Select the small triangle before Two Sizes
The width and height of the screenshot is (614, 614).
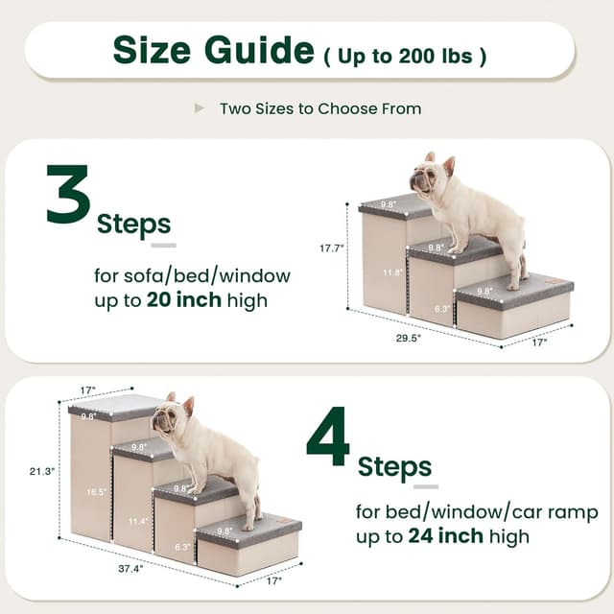point(200,107)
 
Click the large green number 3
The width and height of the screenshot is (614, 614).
point(69,195)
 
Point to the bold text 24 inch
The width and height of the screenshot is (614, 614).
point(444,535)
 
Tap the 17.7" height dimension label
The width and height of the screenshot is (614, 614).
point(332,248)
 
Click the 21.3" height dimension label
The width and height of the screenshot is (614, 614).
point(42,471)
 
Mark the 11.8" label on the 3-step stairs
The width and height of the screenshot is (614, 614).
point(393,272)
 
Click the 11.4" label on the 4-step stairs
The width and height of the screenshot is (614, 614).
point(137,521)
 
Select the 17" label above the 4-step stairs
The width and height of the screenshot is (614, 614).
point(88,390)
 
